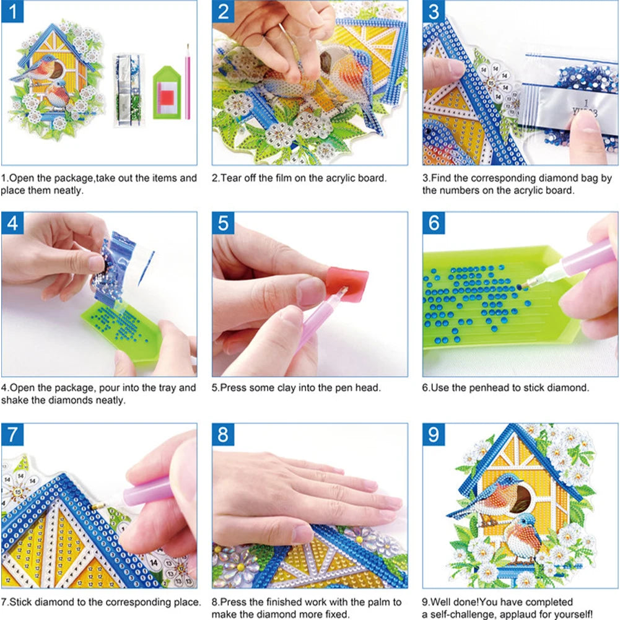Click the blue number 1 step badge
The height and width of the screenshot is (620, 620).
[x=12, y=12]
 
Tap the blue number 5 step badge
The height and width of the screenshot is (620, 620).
[x=223, y=222]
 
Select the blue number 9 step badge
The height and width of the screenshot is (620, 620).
[x=434, y=434]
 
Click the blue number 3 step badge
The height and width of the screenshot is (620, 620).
[x=434, y=12]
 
